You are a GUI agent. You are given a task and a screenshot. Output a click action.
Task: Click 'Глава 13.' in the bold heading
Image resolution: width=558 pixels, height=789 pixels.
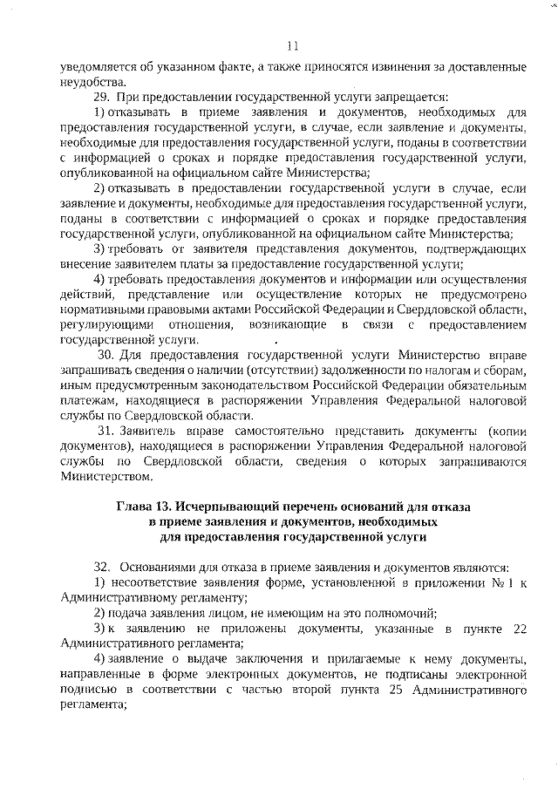145,506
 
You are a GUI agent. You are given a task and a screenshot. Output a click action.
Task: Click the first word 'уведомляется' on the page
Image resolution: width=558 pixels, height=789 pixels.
95,66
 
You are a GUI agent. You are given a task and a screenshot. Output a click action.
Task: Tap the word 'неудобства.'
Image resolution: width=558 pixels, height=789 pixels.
90,81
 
